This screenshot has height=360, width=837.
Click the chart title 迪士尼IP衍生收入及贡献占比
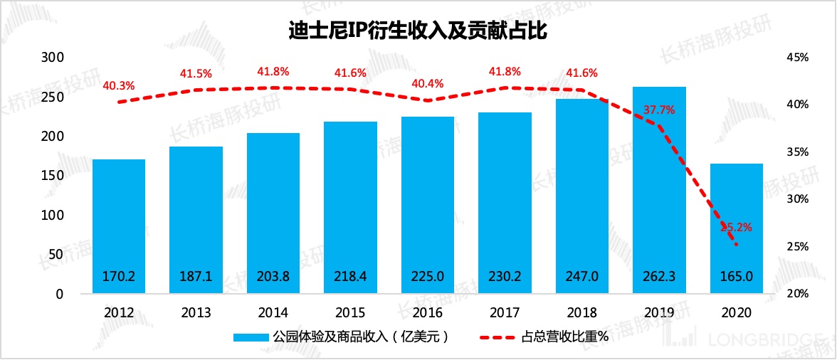pyautogui.click(x=418, y=31)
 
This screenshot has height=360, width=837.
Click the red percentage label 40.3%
pyautogui.click(x=119, y=85)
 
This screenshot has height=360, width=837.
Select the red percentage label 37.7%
pyautogui.click(x=659, y=110)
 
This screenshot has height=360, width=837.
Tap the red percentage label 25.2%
pyautogui.click(x=736, y=228)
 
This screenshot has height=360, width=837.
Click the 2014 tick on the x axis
pyautogui.click(x=273, y=312)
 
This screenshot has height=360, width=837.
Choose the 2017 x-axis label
pyautogui.click(x=505, y=312)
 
